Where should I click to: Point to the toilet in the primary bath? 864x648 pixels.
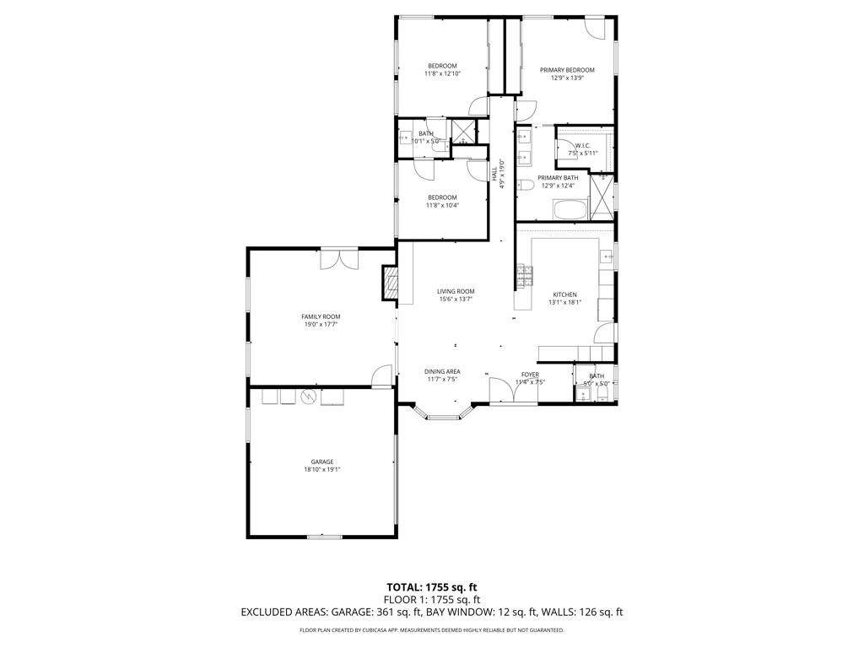click(524, 186)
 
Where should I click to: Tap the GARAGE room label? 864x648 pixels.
click(321, 462)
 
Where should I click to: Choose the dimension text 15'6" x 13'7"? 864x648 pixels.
click(456, 299)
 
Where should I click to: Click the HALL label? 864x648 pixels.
click(494, 173)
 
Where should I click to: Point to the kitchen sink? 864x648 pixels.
click(606, 255)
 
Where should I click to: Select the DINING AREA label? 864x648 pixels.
click(441, 371)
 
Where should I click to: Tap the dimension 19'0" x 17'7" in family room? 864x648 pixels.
click(321, 324)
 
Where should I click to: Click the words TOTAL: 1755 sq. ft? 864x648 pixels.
click(432, 586)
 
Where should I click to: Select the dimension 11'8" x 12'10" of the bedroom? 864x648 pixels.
click(442, 73)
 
